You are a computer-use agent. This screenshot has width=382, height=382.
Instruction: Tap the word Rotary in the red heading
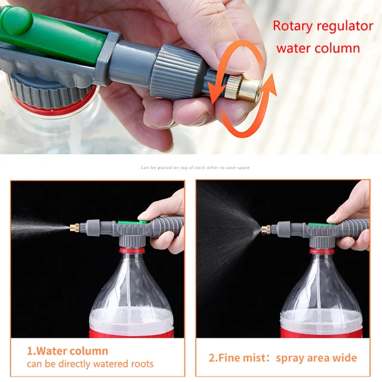pyautogui.click(x=295, y=26)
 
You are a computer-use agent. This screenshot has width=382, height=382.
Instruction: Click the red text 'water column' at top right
pyautogui.click(x=318, y=48)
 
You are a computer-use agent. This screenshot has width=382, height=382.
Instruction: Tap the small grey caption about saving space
pyautogui.click(x=195, y=168)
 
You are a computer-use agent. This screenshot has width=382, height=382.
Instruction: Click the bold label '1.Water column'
pyautogui.click(x=67, y=351)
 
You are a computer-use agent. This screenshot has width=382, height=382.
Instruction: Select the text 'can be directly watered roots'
pyautogui.click(x=90, y=363)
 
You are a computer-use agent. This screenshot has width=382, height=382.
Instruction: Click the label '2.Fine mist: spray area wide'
pyautogui.click(x=283, y=358)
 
